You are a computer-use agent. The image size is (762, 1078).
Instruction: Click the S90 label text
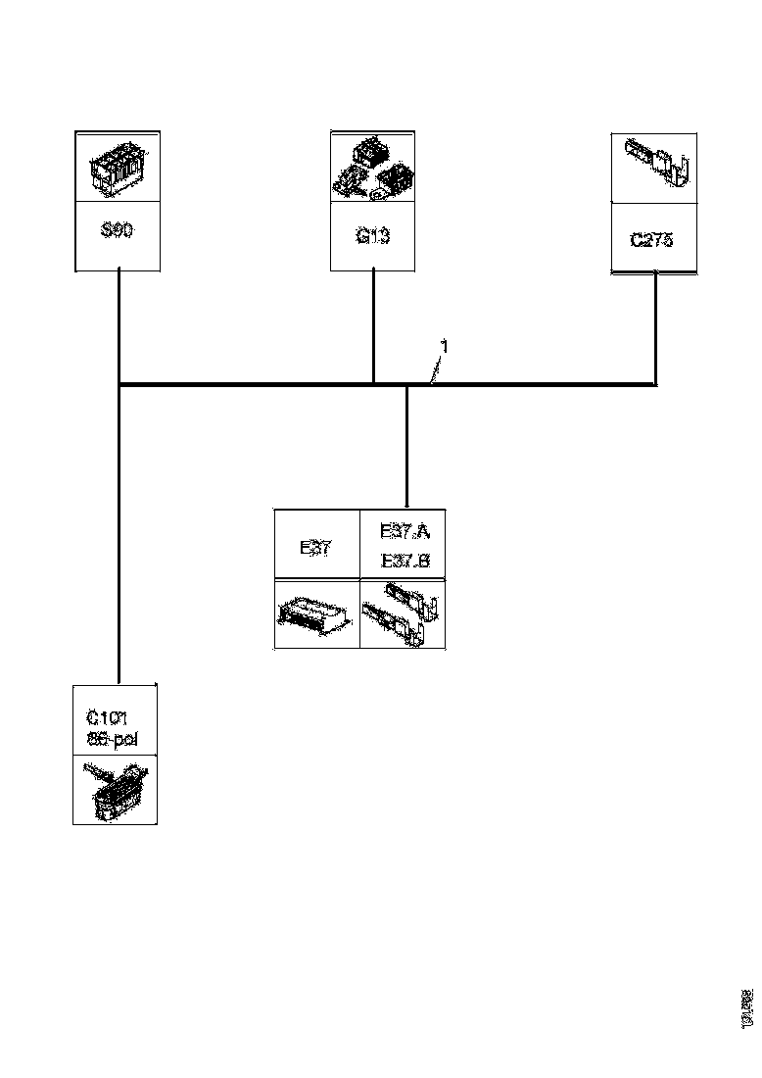(118, 232)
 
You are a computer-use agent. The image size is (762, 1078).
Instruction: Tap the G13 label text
(373, 236)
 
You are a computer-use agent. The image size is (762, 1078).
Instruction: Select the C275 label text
(651, 239)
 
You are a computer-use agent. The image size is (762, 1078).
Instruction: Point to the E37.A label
(404, 532)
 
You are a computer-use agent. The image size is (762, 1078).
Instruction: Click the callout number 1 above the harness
(444, 347)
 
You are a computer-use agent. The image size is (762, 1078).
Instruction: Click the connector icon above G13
(373, 171)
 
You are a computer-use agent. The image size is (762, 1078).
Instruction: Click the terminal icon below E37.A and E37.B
(404, 614)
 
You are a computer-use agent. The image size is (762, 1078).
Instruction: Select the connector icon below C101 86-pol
(115, 789)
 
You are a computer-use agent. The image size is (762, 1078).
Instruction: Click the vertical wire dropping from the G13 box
(374, 325)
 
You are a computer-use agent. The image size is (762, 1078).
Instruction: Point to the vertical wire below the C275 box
(655, 328)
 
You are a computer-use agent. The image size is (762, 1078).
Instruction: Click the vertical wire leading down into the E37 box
(406, 446)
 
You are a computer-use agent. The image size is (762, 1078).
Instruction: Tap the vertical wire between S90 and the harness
(119, 326)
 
